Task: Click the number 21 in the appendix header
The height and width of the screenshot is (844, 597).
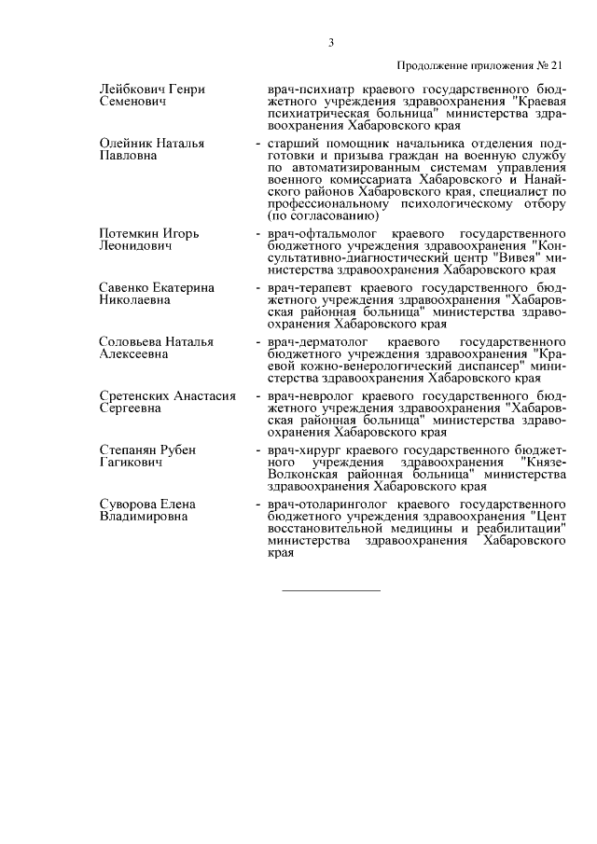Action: tap(558, 65)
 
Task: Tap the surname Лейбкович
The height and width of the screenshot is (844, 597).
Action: tap(134, 89)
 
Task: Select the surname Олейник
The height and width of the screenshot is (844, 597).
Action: tap(127, 144)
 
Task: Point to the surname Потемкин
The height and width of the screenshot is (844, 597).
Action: tap(132, 232)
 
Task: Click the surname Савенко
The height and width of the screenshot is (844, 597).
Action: tap(124, 287)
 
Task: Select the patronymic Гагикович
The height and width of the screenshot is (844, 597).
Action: tap(132, 463)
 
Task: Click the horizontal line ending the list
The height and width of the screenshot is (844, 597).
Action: tap(331, 589)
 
